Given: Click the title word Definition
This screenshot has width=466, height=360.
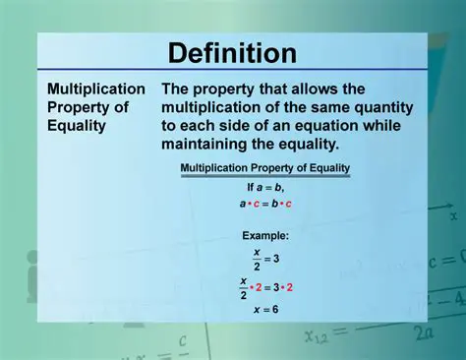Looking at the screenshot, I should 232,52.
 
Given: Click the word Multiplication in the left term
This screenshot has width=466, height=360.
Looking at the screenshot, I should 96,89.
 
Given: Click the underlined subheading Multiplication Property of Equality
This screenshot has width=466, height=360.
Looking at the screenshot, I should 264,168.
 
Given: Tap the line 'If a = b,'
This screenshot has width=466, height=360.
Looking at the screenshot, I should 264,186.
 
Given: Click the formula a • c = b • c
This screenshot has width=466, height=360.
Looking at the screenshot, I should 264,204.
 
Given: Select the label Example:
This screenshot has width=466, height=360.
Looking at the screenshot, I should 265,236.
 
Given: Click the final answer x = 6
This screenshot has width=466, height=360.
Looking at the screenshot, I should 265,310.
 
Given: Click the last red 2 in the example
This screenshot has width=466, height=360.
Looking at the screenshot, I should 290,287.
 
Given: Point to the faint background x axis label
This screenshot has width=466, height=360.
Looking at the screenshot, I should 453,214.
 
